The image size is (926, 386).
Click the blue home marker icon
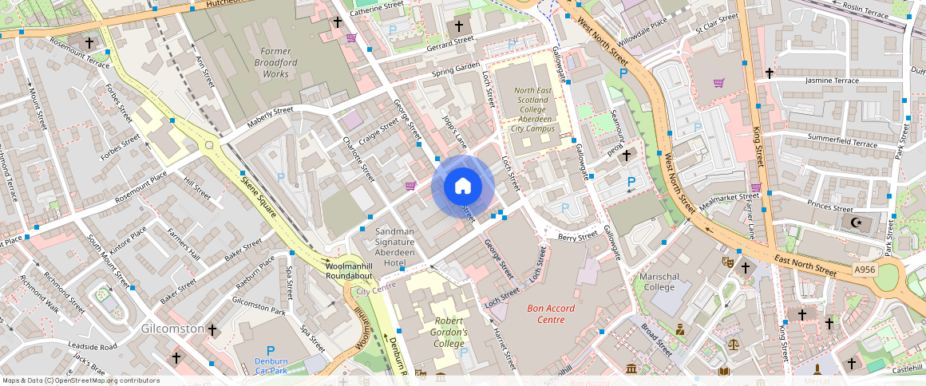click(463, 187)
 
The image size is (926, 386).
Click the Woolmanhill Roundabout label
click(349, 270)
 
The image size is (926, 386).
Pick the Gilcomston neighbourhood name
click(172, 329)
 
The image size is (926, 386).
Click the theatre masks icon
click(728, 262)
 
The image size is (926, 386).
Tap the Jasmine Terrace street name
click(832, 81)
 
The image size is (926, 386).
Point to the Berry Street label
click(578, 237)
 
